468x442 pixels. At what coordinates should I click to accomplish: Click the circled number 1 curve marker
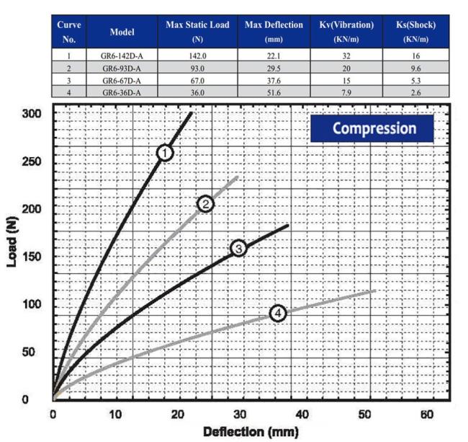coord(166,152)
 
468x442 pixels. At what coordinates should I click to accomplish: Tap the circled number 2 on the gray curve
coord(205,204)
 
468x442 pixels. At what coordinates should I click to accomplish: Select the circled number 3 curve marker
coord(238,248)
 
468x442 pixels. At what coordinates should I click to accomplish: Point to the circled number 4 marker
coord(278,313)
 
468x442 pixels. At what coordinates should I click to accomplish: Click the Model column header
coord(122,32)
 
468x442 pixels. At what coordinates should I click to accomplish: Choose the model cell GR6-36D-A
coord(122,92)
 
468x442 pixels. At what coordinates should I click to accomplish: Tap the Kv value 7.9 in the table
coord(346,92)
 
